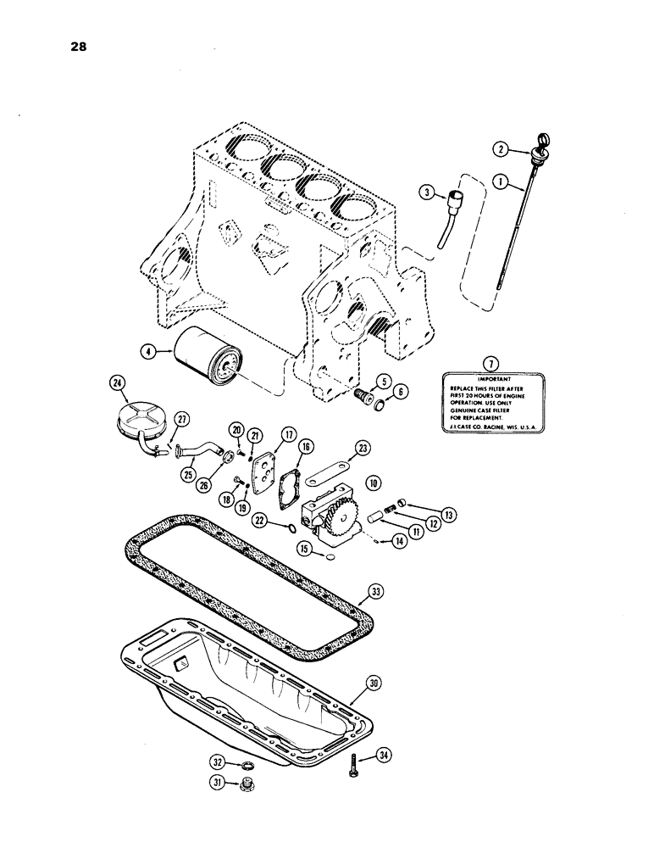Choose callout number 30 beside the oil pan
click(374, 682)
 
